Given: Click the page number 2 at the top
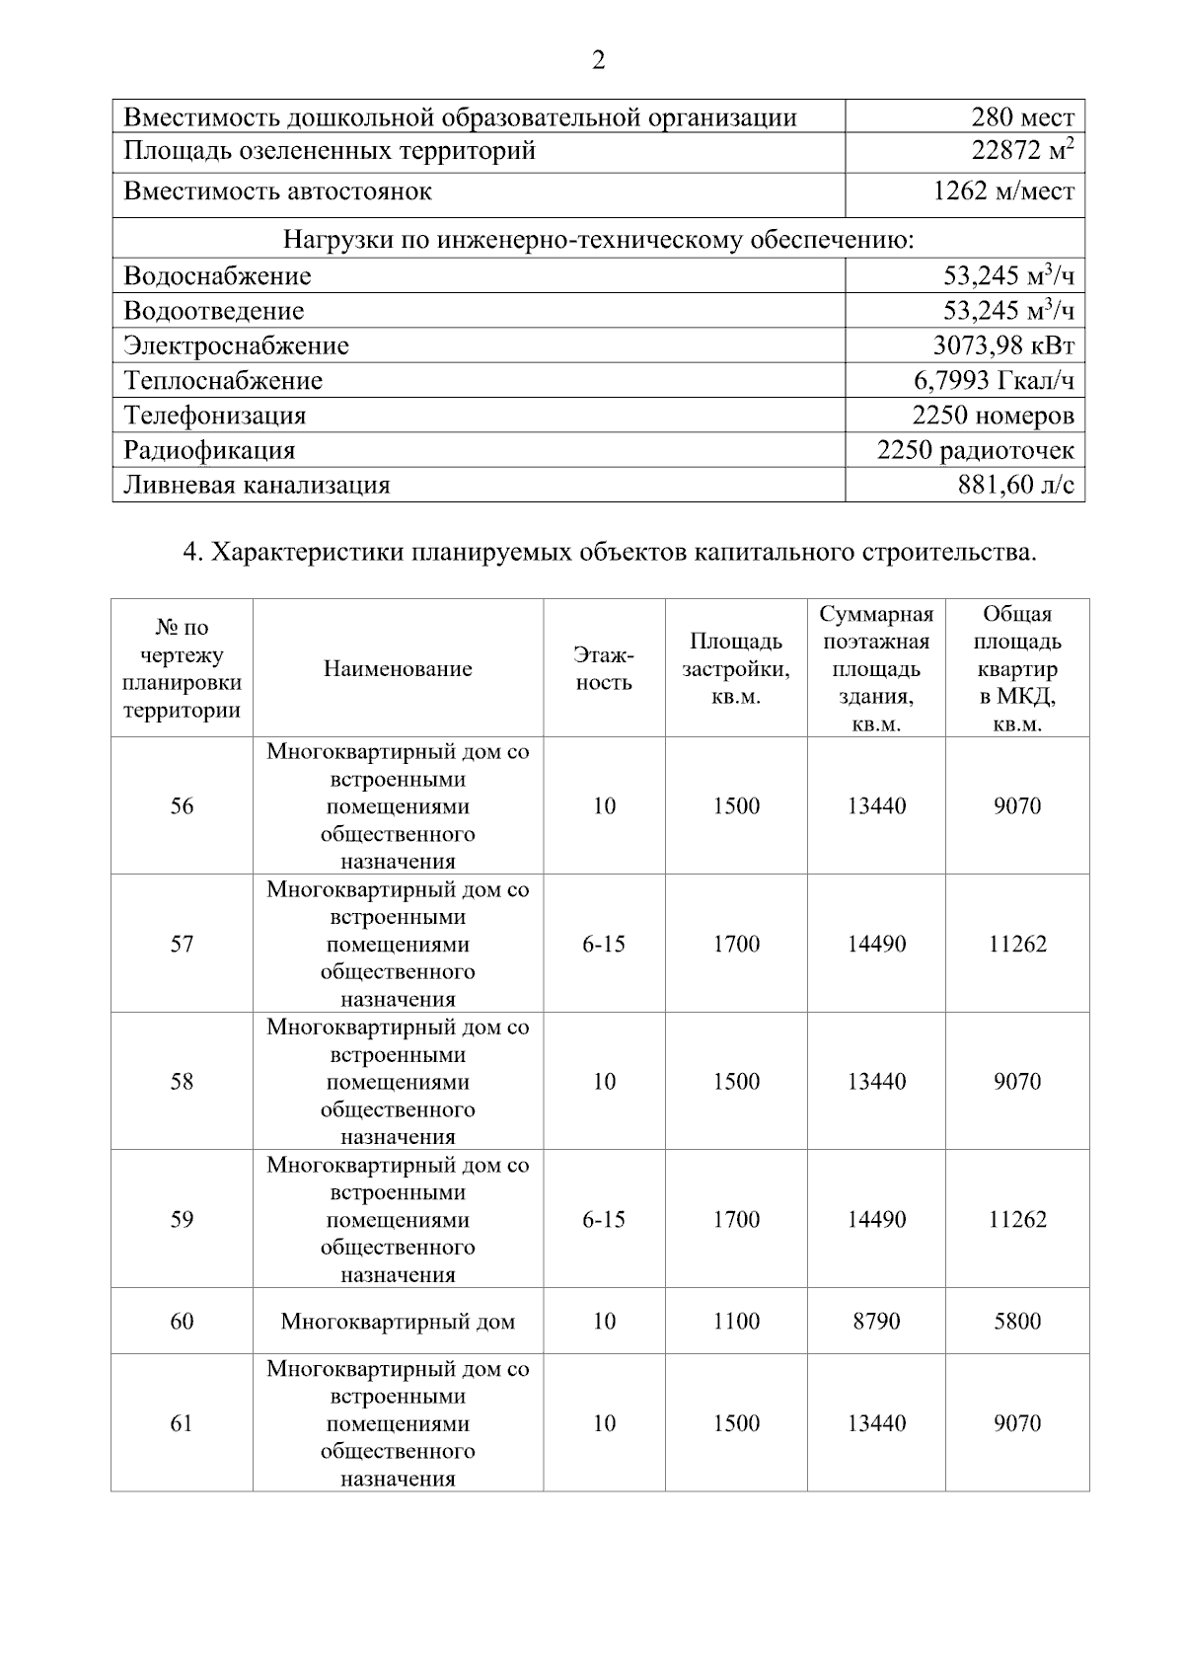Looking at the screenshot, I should pos(598,61).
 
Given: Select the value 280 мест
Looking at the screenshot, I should pos(1022,118).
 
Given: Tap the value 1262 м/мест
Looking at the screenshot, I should pos(1003,191).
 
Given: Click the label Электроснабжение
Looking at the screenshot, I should pos(236,346).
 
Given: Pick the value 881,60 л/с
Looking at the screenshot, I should pos(1015,486).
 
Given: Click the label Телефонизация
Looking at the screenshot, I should pos(214,416).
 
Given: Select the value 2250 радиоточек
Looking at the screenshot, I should pos(975,451).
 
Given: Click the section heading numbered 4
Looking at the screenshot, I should pos(610,552).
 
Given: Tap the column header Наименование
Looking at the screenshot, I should pos(398,669).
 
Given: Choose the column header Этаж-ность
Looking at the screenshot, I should pos(604,668).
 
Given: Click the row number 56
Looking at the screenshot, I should pos(182,806).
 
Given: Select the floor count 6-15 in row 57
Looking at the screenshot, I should pos(604,945).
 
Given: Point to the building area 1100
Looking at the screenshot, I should pos(736,1322).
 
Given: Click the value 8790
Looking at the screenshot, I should pos(876,1322).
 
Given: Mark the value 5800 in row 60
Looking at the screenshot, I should pos(1017,1322).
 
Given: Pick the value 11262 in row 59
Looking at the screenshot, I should pos(1017,1220).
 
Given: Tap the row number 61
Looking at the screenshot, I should pos(182,1423).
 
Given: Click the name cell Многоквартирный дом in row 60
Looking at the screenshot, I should pos(398,1322).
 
